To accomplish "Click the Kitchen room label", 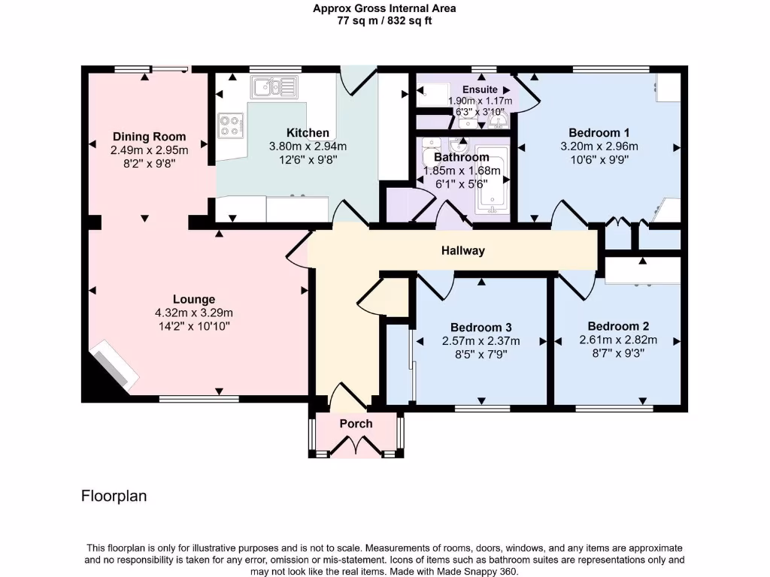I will (x=308, y=133).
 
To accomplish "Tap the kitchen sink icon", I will (x=274, y=87).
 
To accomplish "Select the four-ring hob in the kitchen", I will (x=231, y=125).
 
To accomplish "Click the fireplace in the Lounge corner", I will (x=114, y=366).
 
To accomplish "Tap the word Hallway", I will (x=462, y=250).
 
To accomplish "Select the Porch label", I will (x=356, y=424).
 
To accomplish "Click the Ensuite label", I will (x=479, y=89).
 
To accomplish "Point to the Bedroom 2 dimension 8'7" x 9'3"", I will (x=618, y=352).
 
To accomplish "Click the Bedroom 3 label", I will (x=481, y=328).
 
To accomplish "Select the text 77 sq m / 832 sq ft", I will (x=384, y=21).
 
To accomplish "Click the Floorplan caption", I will (x=114, y=496).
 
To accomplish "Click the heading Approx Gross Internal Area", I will (x=384, y=9).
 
